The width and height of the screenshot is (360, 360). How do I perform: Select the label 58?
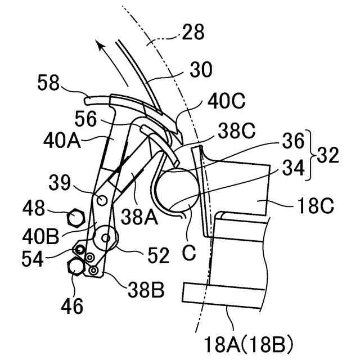pos(48,84)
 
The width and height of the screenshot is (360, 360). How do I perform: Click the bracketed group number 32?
pos(327,155)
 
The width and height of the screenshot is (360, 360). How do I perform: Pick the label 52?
pos(157,256)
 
